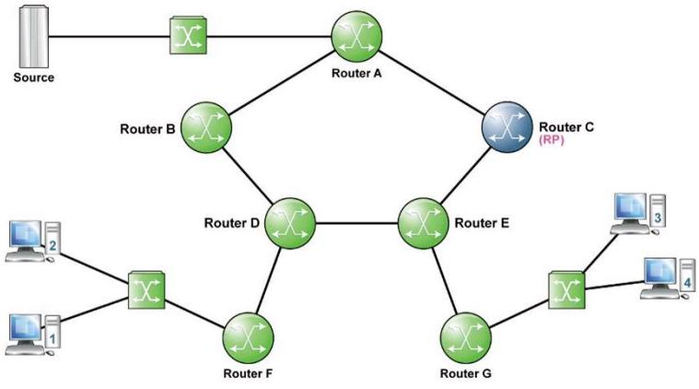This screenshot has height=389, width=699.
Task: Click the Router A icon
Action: (x=356, y=37)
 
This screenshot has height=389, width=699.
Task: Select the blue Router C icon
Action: (x=507, y=127)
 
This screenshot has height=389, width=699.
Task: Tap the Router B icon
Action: (x=206, y=127)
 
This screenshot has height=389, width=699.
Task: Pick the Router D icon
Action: (x=290, y=223)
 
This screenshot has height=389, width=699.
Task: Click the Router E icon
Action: (x=423, y=223)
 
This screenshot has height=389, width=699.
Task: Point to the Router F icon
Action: (x=248, y=337)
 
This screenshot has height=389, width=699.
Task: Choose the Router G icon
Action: (x=465, y=337)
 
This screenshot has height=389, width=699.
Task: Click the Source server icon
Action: (x=33, y=37)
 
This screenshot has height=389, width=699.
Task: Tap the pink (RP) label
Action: (x=552, y=140)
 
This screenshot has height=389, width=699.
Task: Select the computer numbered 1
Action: (x=33, y=335)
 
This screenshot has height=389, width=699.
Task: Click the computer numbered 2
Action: (x=33, y=242)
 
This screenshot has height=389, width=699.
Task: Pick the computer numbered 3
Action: (x=638, y=214)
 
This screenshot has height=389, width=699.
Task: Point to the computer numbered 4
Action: (x=668, y=278)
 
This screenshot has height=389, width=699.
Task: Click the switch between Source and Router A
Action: (x=189, y=36)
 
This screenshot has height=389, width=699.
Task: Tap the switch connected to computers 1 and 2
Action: (x=146, y=290)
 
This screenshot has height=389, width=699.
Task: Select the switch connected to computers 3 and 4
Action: (x=566, y=290)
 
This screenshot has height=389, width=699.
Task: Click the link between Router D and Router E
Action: (x=356, y=223)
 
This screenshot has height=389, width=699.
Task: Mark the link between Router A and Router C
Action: (x=432, y=82)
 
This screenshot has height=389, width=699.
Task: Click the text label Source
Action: (x=34, y=77)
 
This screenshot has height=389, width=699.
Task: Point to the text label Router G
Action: (x=465, y=373)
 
